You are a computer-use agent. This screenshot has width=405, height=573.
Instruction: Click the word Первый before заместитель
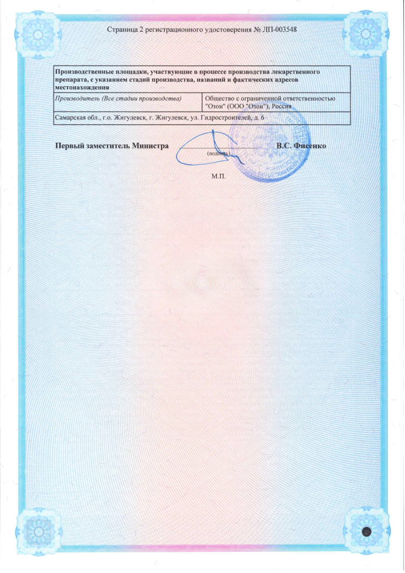click(x=69, y=146)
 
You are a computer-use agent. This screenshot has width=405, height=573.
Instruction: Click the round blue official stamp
click(x=268, y=148)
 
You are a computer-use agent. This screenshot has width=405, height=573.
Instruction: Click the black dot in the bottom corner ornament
click(x=366, y=531)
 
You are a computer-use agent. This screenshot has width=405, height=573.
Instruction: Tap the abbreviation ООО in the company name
click(x=242, y=106)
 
